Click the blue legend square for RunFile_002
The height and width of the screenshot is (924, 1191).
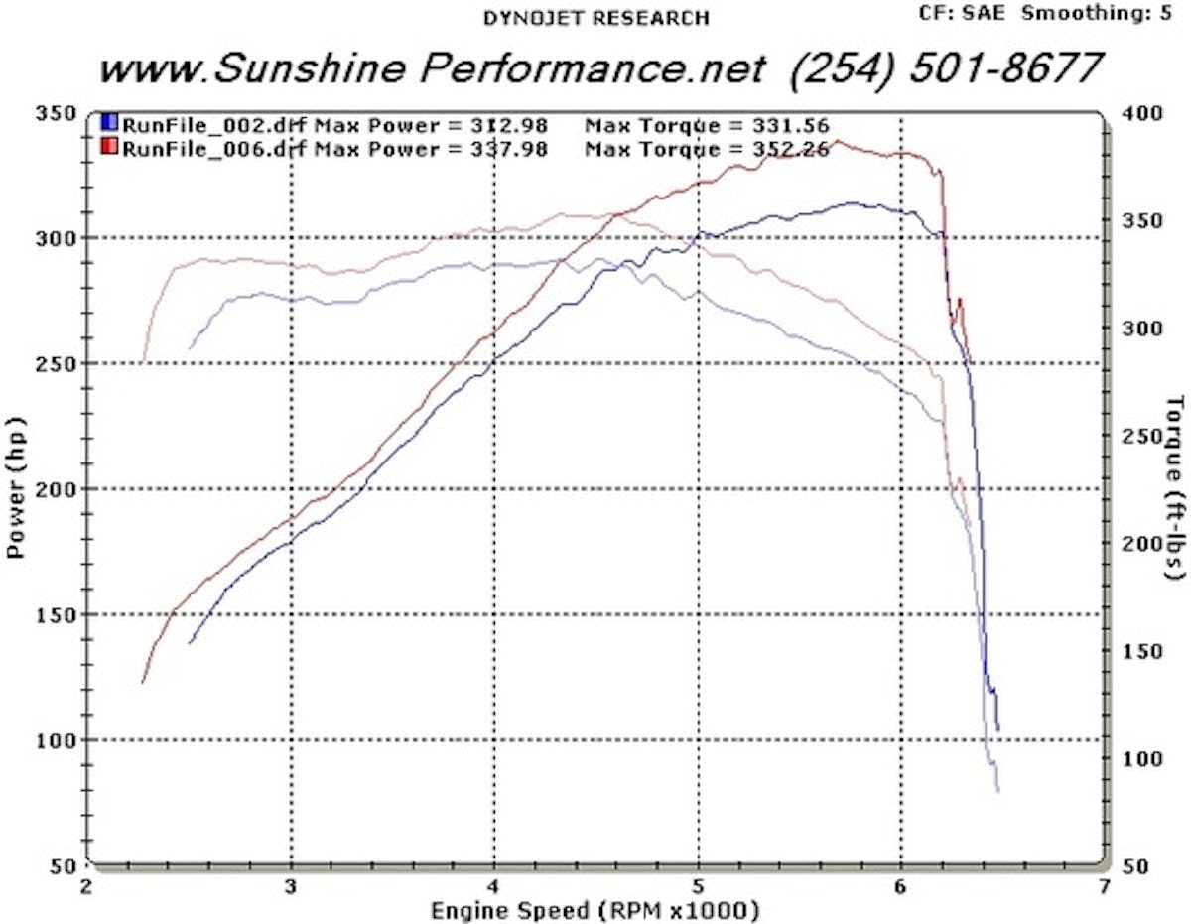pos(110,124)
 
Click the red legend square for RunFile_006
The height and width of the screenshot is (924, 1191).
pos(110,149)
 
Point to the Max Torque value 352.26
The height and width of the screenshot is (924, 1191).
pos(790,150)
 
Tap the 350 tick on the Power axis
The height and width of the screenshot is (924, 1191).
pos(61,112)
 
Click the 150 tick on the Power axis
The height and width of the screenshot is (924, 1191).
pos(61,614)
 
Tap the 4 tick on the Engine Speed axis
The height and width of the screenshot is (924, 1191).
pos(494,885)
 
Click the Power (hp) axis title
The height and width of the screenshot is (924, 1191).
pos(17,488)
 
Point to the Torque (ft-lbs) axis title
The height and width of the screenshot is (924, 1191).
pos(1175,486)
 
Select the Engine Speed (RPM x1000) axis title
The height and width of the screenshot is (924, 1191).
pos(595,909)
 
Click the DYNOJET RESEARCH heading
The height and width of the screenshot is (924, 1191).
pos(595,17)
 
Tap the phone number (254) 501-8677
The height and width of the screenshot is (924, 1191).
pos(948,67)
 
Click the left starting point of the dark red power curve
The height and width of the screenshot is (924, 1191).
pos(143,683)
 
